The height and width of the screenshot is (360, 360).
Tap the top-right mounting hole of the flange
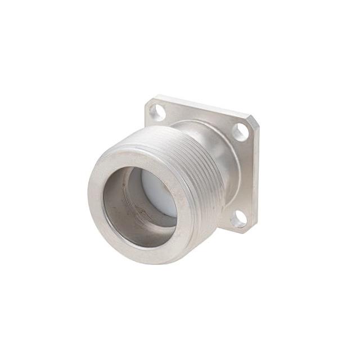coord(240,132)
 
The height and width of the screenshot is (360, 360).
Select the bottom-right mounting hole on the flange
coord(238,219)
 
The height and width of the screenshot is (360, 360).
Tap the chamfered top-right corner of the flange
coord(253,120)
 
